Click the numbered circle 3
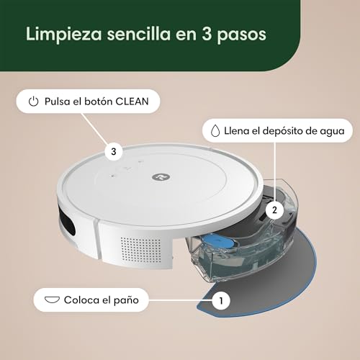(x=114, y=152)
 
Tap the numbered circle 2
(x=275, y=210)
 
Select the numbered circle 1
(x=221, y=300)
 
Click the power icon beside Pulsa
(x=33, y=102)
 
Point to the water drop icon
(x=215, y=131)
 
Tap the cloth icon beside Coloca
(x=52, y=300)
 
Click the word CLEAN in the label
(x=132, y=102)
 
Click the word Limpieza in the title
(x=64, y=35)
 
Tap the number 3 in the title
(x=207, y=34)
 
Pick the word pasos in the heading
(x=242, y=35)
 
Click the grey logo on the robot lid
(x=161, y=177)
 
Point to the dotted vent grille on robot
(x=140, y=250)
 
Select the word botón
(x=99, y=102)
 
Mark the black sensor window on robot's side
(x=66, y=220)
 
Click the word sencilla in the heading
(x=139, y=34)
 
